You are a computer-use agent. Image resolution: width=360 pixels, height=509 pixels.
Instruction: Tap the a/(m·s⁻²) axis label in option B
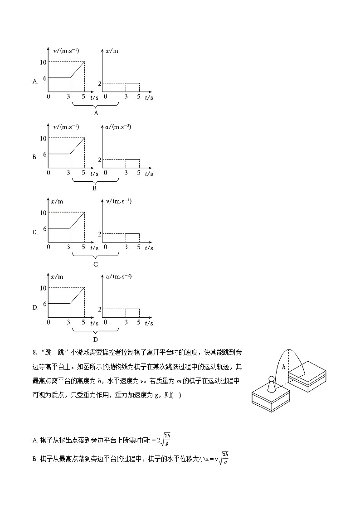(118, 127)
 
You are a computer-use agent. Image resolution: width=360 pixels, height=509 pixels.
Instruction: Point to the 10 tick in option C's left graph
(44, 213)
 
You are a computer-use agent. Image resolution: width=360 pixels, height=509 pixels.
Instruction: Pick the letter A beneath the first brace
(96, 113)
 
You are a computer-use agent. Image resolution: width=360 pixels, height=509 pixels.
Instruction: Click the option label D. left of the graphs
(35, 308)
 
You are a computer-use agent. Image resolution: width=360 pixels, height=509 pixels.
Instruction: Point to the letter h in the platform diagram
(284, 367)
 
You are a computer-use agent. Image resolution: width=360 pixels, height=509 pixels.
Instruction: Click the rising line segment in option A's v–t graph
(77, 70)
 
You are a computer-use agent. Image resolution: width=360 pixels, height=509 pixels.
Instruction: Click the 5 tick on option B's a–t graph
(139, 173)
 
